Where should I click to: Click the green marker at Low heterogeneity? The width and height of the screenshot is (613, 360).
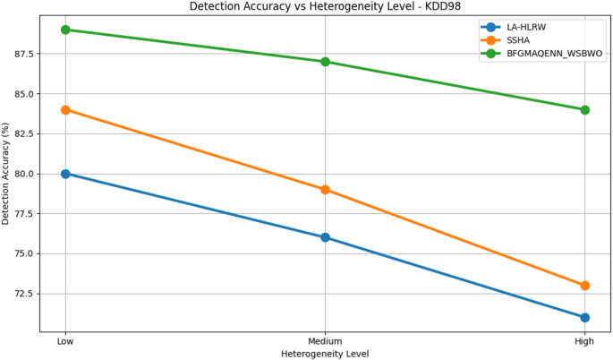(65, 30)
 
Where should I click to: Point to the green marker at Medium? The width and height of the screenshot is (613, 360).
(325, 62)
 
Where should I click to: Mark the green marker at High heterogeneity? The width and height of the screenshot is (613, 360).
(584, 110)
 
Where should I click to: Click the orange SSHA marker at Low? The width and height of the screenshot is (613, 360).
(65, 110)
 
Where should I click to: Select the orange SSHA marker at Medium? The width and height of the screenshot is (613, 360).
(325, 190)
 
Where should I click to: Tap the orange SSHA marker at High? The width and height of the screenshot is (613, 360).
(584, 286)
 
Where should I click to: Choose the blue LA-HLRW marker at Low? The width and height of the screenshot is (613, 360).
(65, 174)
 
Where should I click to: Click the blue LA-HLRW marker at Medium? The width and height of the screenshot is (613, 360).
(325, 237)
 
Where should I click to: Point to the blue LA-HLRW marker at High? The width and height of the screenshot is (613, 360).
(584, 317)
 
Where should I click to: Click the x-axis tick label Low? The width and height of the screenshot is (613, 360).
(65, 341)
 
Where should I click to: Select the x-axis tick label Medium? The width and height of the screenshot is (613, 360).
(325, 341)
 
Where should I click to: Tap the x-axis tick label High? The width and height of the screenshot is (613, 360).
(584, 341)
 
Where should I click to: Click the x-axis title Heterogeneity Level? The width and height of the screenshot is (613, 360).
(325, 354)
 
